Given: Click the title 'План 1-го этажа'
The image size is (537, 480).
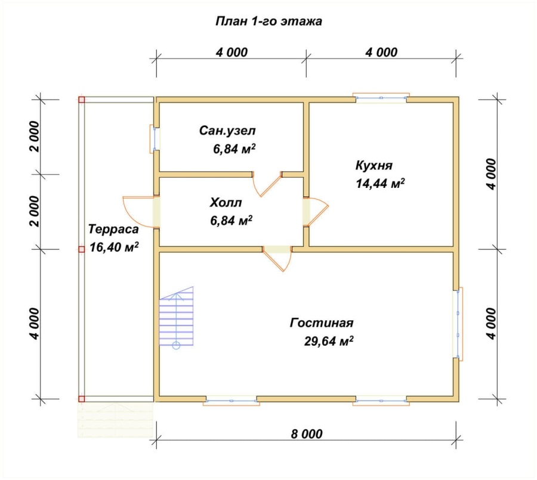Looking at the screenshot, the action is tap(269, 21).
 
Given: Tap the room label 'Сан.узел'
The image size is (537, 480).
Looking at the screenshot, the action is tap(227, 131).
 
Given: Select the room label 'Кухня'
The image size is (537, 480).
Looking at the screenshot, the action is tap(374, 165).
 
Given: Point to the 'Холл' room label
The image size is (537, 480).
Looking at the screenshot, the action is tap(226, 202).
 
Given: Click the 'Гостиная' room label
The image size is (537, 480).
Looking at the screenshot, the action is tap(322, 323).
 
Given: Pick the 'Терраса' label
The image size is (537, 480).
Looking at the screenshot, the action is tap(113, 229).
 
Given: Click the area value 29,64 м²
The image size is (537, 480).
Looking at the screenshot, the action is tap(329, 341).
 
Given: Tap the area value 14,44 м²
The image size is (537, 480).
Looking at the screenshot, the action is tap(380, 183).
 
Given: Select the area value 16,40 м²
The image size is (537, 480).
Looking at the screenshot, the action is tap(114, 247).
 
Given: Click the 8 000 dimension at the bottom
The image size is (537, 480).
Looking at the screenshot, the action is tap(307, 433).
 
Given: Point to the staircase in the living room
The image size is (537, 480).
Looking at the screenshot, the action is tap(176, 317).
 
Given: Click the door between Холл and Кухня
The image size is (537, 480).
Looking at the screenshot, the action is tap(316, 212).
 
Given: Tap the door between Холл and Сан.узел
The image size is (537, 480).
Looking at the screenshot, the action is tap(267, 184).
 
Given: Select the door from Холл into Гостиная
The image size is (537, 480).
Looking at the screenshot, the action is tap(277, 259).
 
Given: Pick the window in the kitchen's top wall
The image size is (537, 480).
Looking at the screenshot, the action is tap(381, 98).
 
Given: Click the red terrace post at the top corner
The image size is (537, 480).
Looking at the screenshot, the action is tap(82, 100).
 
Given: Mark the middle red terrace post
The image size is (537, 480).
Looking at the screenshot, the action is tap(82, 249).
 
